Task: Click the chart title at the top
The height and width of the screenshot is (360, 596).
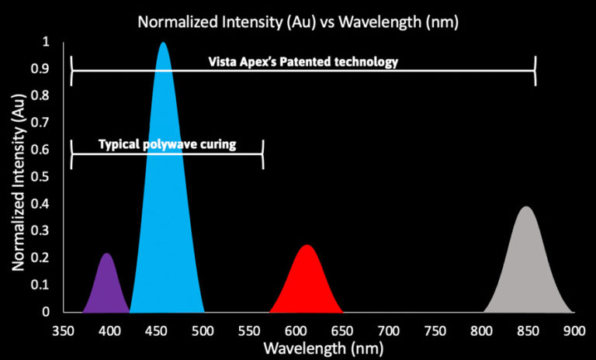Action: (x=298, y=22)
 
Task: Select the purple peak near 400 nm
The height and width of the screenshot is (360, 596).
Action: (x=107, y=287)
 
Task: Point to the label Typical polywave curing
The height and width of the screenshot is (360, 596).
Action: (x=167, y=144)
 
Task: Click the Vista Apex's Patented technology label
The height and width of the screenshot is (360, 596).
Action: (x=303, y=62)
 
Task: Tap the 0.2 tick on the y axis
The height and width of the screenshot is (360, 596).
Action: (x=46, y=258)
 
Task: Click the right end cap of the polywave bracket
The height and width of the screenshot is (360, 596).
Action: (x=262, y=154)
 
